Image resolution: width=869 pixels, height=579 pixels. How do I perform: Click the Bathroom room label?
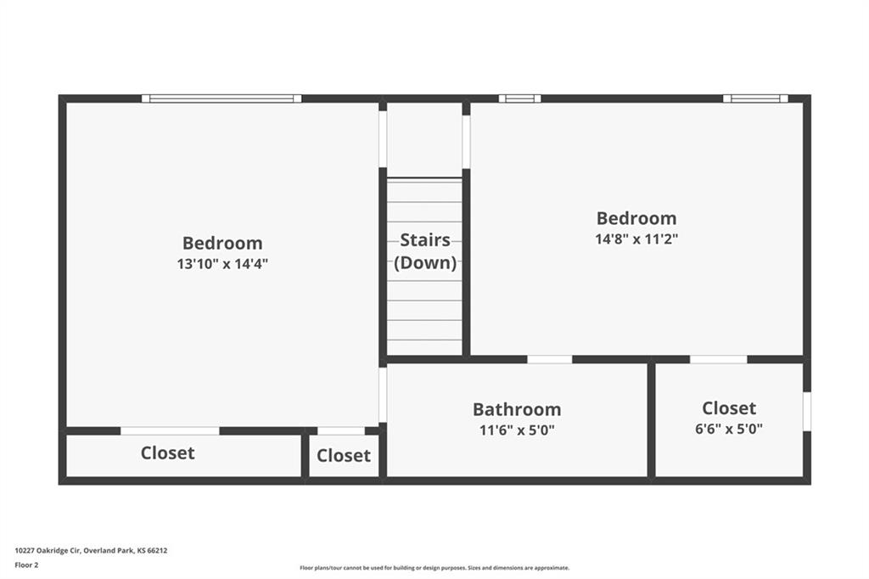[517, 409]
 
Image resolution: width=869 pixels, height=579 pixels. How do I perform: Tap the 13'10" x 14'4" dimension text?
[222, 264]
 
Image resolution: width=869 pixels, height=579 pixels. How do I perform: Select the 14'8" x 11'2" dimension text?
[636, 239]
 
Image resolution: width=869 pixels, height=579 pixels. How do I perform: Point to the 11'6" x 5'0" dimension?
[517, 430]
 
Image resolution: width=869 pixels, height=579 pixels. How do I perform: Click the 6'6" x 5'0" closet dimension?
[729, 429]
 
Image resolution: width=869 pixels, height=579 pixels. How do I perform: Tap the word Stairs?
[425, 240]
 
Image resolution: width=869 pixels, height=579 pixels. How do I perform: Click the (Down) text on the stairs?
[425, 263]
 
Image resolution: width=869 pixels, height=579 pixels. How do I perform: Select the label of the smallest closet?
[344, 455]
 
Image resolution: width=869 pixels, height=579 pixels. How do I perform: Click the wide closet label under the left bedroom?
[167, 453]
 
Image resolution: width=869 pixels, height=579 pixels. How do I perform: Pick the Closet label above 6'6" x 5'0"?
[729, 408]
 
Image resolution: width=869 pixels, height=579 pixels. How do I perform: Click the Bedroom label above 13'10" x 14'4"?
[222, 243]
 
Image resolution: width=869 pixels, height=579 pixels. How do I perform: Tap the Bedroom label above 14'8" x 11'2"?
[636, 218]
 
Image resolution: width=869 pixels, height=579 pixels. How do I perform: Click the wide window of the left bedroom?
[221, 98]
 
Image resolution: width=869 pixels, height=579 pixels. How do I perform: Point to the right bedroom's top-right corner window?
[755, 98]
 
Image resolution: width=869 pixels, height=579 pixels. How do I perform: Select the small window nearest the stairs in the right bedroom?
[520, 98]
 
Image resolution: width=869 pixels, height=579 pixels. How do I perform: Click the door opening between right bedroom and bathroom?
[550, 359]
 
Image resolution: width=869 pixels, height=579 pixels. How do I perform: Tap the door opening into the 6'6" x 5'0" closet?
[718, 359]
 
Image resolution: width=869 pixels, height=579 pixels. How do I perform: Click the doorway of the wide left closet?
[170, 431]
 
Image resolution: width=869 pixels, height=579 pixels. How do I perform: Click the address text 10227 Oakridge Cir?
[48, 551]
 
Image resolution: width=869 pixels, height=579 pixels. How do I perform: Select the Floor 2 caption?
[26, 565]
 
